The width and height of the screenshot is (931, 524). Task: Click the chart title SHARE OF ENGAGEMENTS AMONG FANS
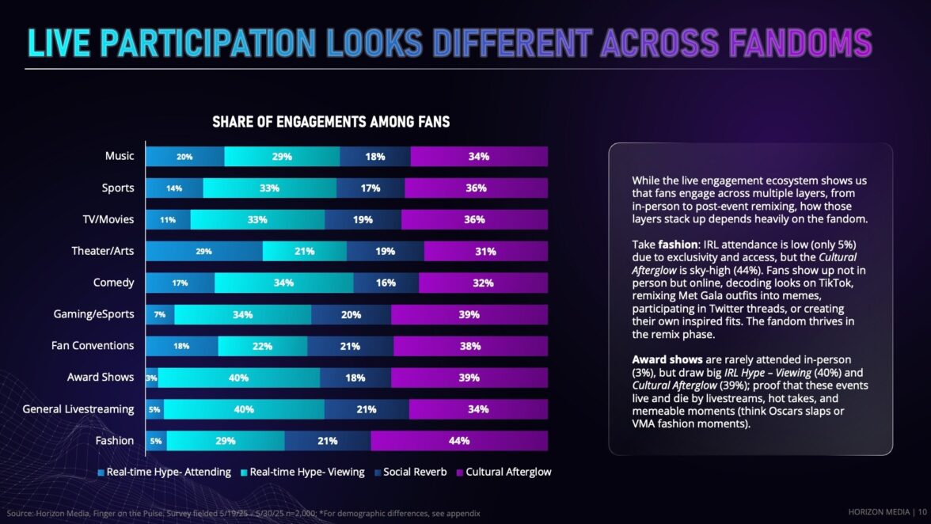tap(331, 122)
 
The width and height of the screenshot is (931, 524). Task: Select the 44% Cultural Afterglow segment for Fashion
tap(459, 441)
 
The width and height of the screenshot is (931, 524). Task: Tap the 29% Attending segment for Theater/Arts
tap(204, 252)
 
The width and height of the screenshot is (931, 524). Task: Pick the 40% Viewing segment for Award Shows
tap(239, 378)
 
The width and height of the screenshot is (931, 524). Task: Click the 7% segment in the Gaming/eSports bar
tap(160, 315)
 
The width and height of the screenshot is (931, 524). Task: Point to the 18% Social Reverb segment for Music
tap(375, 157)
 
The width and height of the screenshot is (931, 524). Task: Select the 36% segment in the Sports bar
tap(476, 188)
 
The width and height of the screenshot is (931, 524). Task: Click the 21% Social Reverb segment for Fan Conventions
tap(350, 346)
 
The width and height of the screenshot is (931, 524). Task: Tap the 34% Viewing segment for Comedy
tap(283, 283)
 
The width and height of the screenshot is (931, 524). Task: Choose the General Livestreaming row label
tap(78, 409)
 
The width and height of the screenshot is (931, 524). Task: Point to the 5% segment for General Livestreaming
tap(154, 409)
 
